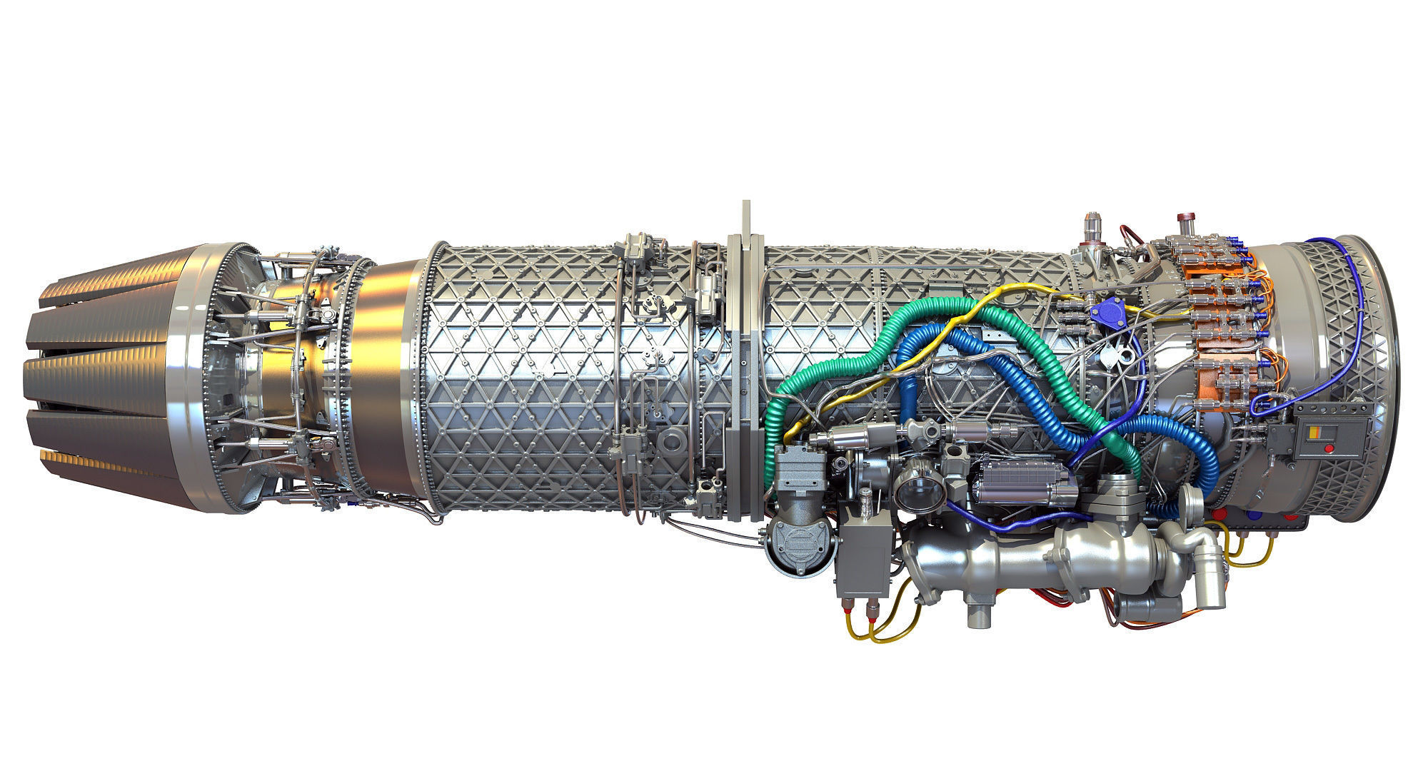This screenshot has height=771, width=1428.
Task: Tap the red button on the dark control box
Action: coord(1328,449)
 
